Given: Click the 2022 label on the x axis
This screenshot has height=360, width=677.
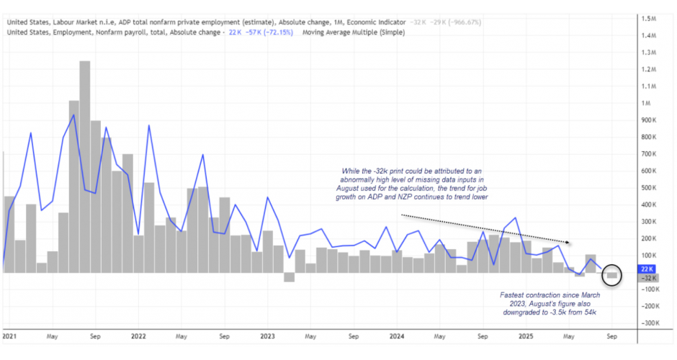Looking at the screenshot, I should point(138,336).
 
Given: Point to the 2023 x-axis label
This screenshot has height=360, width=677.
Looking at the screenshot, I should point(267,336).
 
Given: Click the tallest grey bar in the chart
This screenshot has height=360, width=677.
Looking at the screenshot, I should point(84,166).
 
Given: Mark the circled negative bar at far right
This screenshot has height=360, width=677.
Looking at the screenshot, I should point(612,275).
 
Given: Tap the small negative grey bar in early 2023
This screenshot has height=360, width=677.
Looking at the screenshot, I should point(289,277).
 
